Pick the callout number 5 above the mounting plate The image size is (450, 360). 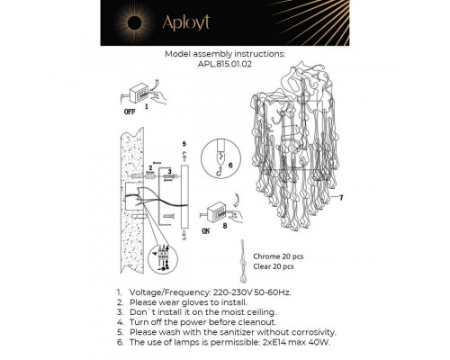click(x=184, y=144)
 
